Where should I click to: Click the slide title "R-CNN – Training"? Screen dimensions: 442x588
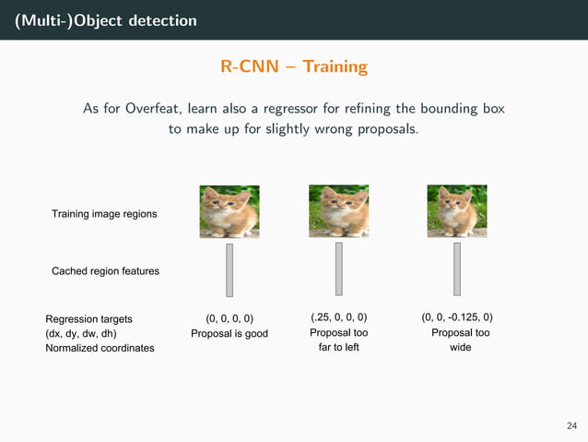coord(294,67)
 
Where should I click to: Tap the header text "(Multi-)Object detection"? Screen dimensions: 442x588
coord(105,20)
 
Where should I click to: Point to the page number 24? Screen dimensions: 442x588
coord(571,425)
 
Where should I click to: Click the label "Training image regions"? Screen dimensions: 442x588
coord(103,214)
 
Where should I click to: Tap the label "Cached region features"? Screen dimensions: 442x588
coord(105,271)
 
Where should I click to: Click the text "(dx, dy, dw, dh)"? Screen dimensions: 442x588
coord(81,333)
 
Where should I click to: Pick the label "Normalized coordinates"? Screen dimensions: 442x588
coord(100,348)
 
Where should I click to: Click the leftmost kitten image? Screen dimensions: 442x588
coord(229,211)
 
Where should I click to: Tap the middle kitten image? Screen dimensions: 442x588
coord(338,211)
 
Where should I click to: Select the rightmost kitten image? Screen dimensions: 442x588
coord(456,211)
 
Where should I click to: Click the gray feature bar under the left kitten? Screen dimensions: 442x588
coord(229,269)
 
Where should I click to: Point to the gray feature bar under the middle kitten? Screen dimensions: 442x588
coord(338,269)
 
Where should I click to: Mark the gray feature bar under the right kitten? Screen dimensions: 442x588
coord(456,269)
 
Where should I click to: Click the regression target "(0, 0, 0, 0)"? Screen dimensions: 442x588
coord(229,318)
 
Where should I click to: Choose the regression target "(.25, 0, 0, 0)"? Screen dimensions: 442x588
coord(338,318)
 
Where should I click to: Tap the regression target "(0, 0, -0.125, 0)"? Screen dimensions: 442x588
coord(457,318)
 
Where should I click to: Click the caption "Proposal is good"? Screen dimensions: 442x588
coord(229,333)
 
